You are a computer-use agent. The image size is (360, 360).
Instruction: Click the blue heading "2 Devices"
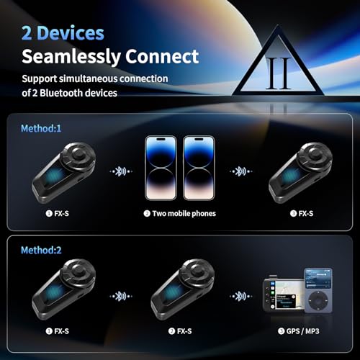63,33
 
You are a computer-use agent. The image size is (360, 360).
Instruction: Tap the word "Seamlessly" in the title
71,57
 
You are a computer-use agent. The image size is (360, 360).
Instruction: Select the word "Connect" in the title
162,56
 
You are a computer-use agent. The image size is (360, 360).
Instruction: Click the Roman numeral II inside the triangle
279,73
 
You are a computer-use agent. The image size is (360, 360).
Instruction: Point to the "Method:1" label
41,128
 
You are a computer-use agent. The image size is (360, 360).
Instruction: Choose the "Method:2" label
41,250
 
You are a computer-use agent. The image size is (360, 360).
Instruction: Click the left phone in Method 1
161,168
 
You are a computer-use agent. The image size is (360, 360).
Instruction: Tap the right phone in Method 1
199,168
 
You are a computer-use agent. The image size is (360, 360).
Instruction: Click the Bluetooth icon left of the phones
121,171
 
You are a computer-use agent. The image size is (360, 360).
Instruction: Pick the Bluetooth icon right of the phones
240,171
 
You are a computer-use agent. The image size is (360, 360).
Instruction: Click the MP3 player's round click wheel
318,301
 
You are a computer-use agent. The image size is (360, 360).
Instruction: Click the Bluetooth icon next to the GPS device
240,296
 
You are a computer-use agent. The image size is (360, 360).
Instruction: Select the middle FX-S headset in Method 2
183,289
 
